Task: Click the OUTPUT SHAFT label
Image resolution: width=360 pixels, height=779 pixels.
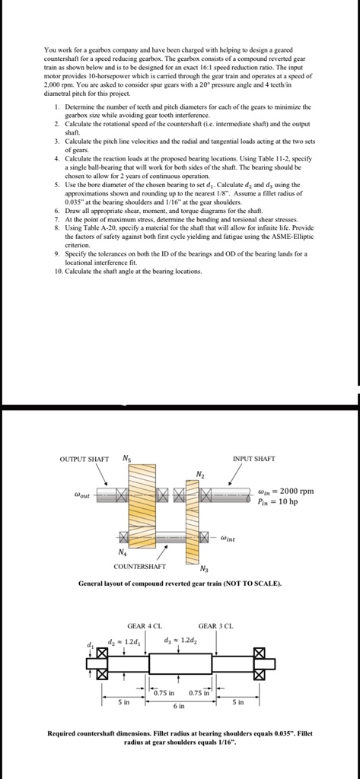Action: click(x=84, y=459)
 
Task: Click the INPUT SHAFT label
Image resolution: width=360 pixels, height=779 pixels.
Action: click(x=253, y=459)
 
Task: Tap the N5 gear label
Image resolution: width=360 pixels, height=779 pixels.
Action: click(x=127, y=458)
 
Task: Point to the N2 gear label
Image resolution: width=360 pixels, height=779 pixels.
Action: click(x=200, y=475)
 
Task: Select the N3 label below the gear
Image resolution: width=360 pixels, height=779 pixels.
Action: click(x=205, y=569)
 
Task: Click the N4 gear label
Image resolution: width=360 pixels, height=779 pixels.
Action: click(x=121, y=552)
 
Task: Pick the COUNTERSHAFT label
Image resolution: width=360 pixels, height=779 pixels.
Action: click(x=140, y=566)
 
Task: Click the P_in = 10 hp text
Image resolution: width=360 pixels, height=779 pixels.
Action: click(x=278, y=502)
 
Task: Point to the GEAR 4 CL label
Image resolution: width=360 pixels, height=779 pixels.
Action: click(x=145, y=625)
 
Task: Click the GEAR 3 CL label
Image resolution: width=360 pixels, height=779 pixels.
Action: click(x=215, y=625)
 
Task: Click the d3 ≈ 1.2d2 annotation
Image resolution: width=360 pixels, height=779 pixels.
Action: click(x=180, y=639)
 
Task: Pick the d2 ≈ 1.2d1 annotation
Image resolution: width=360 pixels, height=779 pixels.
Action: click(x=124, y=639)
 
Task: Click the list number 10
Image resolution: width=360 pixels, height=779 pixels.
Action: click(x=58, y=272)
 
